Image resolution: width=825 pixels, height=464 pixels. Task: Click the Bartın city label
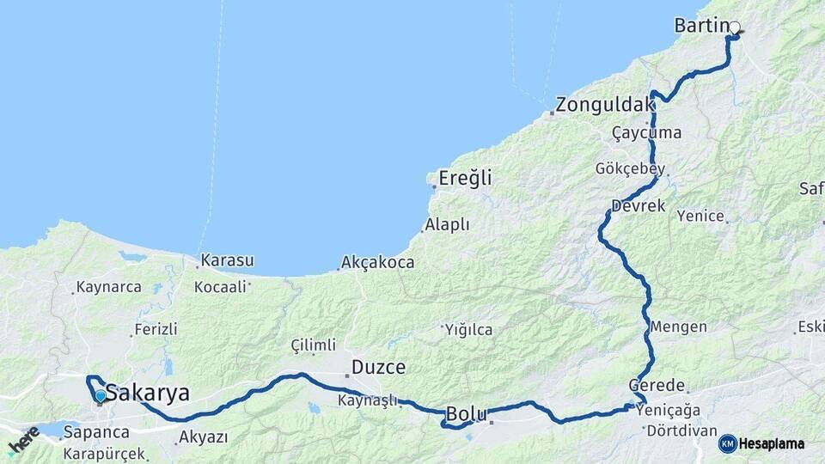[700, 27]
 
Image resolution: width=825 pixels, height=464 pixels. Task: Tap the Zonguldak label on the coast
[605, 106]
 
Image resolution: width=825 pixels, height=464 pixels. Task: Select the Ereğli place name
[465, 179]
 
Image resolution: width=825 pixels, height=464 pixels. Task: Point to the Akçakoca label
[377, 262]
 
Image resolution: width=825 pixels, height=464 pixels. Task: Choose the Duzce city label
[377, 368]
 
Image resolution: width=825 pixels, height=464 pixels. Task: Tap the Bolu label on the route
[467, 415]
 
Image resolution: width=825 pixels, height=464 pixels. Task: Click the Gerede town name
[657, 385]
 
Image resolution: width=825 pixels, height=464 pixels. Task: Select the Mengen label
[678, 327]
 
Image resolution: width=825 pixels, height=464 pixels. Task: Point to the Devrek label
[638, 207]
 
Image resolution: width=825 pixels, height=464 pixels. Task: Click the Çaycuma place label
[646, 132]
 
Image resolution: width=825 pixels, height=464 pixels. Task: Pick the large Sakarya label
[147, 394]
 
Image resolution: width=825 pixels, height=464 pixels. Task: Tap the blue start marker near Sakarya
[101, 396]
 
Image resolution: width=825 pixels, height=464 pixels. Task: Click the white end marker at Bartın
[734, 27]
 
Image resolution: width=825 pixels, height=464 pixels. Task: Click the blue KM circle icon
[727, 444]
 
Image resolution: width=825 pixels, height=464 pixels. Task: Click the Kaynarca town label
[108, 287]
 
